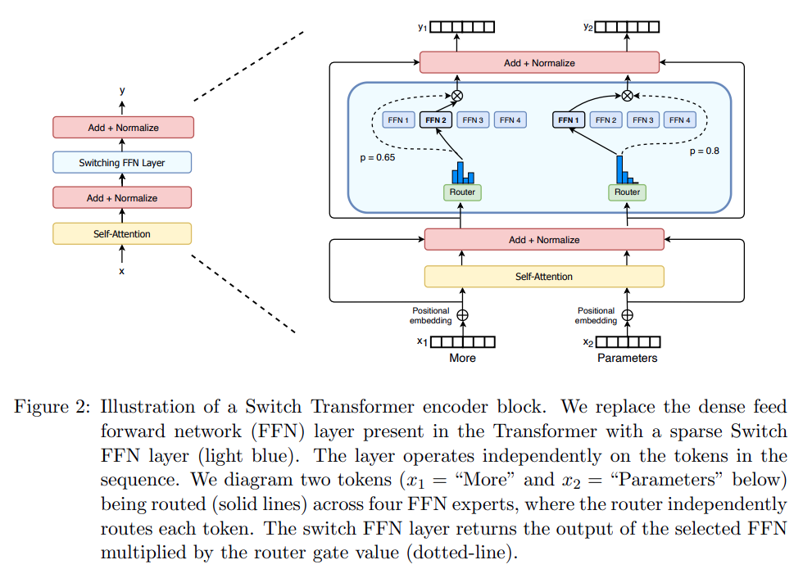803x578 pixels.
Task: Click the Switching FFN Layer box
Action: (122, 162)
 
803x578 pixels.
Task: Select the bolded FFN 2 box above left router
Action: (436, 120)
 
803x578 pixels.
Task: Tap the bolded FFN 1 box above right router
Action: (569, 120)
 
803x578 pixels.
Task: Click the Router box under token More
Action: (462, 192)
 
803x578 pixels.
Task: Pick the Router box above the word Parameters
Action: (628, 192)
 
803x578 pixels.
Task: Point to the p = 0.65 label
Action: (378, 157)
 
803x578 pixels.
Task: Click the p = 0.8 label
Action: (704, 151)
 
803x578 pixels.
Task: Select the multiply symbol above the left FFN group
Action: (457, 96)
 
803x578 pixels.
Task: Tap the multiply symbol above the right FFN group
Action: (627, 96)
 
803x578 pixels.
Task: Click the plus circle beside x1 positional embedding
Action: (462, 315)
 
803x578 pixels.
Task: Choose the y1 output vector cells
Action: (462, 26)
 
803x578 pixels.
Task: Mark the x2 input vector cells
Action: (628, 341)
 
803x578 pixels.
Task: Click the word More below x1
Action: (462, 358)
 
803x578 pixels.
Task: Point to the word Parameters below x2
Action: (628, 358)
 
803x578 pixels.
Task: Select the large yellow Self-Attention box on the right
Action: (544, 276)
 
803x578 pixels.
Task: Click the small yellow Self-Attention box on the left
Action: (122, 234)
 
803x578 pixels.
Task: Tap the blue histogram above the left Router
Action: (463, 173)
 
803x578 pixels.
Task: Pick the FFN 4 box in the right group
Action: (680, 120)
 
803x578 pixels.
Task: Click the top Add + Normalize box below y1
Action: (539, 62)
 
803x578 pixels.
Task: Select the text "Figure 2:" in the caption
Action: (52, 407)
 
